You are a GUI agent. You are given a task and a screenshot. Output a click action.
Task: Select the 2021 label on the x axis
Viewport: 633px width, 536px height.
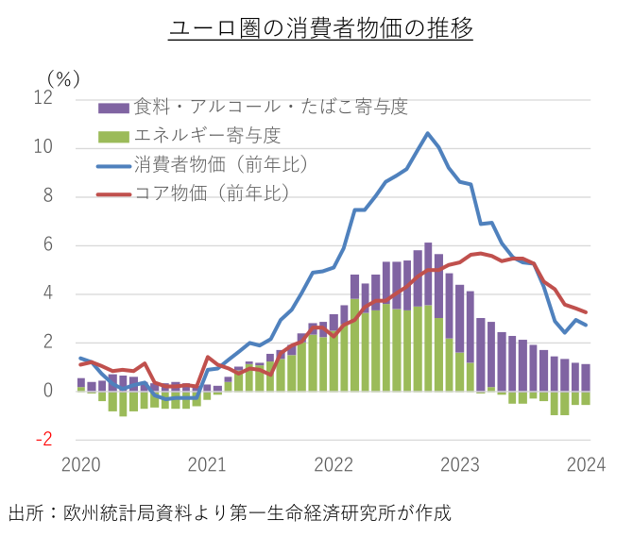207,463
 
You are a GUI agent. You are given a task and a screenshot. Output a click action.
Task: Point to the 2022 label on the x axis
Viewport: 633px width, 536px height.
334,463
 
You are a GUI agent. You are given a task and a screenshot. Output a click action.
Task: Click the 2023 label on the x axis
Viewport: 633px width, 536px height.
461,463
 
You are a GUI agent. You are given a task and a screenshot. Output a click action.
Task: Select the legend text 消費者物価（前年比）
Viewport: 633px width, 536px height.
222,164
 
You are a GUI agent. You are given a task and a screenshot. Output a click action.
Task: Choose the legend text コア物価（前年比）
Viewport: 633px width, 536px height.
213,193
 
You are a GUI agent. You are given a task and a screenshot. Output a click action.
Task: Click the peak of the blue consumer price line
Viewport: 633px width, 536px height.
428,133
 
